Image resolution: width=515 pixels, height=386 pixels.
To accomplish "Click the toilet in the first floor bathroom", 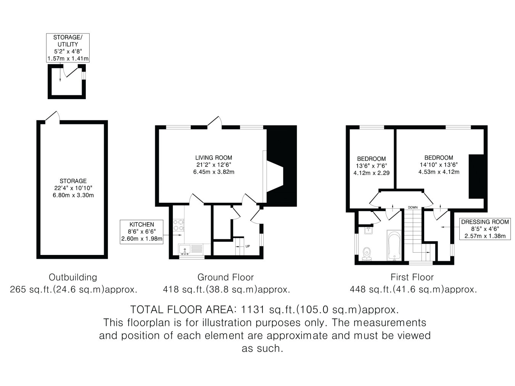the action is point(367,253).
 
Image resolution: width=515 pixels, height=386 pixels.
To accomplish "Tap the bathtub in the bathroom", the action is point(394,245).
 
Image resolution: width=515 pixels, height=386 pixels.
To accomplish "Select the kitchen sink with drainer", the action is point(191,250).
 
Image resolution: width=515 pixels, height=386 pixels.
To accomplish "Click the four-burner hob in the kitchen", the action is point(178,225).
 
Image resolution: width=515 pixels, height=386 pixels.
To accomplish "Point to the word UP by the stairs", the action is point(248,246).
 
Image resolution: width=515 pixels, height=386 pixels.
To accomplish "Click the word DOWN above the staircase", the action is point(413,207).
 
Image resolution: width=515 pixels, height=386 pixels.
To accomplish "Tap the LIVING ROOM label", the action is point(214,158).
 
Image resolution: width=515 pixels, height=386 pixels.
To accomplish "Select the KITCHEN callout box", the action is point(142,232).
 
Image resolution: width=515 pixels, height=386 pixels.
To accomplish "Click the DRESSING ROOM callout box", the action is point(485,229).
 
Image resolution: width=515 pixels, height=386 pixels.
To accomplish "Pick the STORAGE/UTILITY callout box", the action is point(68,48).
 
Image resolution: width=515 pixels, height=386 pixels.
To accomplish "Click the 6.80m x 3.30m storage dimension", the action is point(73,195).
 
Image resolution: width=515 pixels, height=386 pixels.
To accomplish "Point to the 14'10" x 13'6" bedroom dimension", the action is point(439,165).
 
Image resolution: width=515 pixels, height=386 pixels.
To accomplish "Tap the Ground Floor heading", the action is point(225,277).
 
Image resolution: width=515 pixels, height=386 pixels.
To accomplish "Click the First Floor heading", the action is point(412,277).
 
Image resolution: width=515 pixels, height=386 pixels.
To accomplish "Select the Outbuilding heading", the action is point(73,277).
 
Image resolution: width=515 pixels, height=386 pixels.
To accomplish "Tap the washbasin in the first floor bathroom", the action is point(369,231).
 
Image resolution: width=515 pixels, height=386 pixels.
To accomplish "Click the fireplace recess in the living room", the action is point(275,177).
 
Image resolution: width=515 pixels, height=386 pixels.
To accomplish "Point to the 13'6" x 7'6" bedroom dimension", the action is point(372,166).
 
